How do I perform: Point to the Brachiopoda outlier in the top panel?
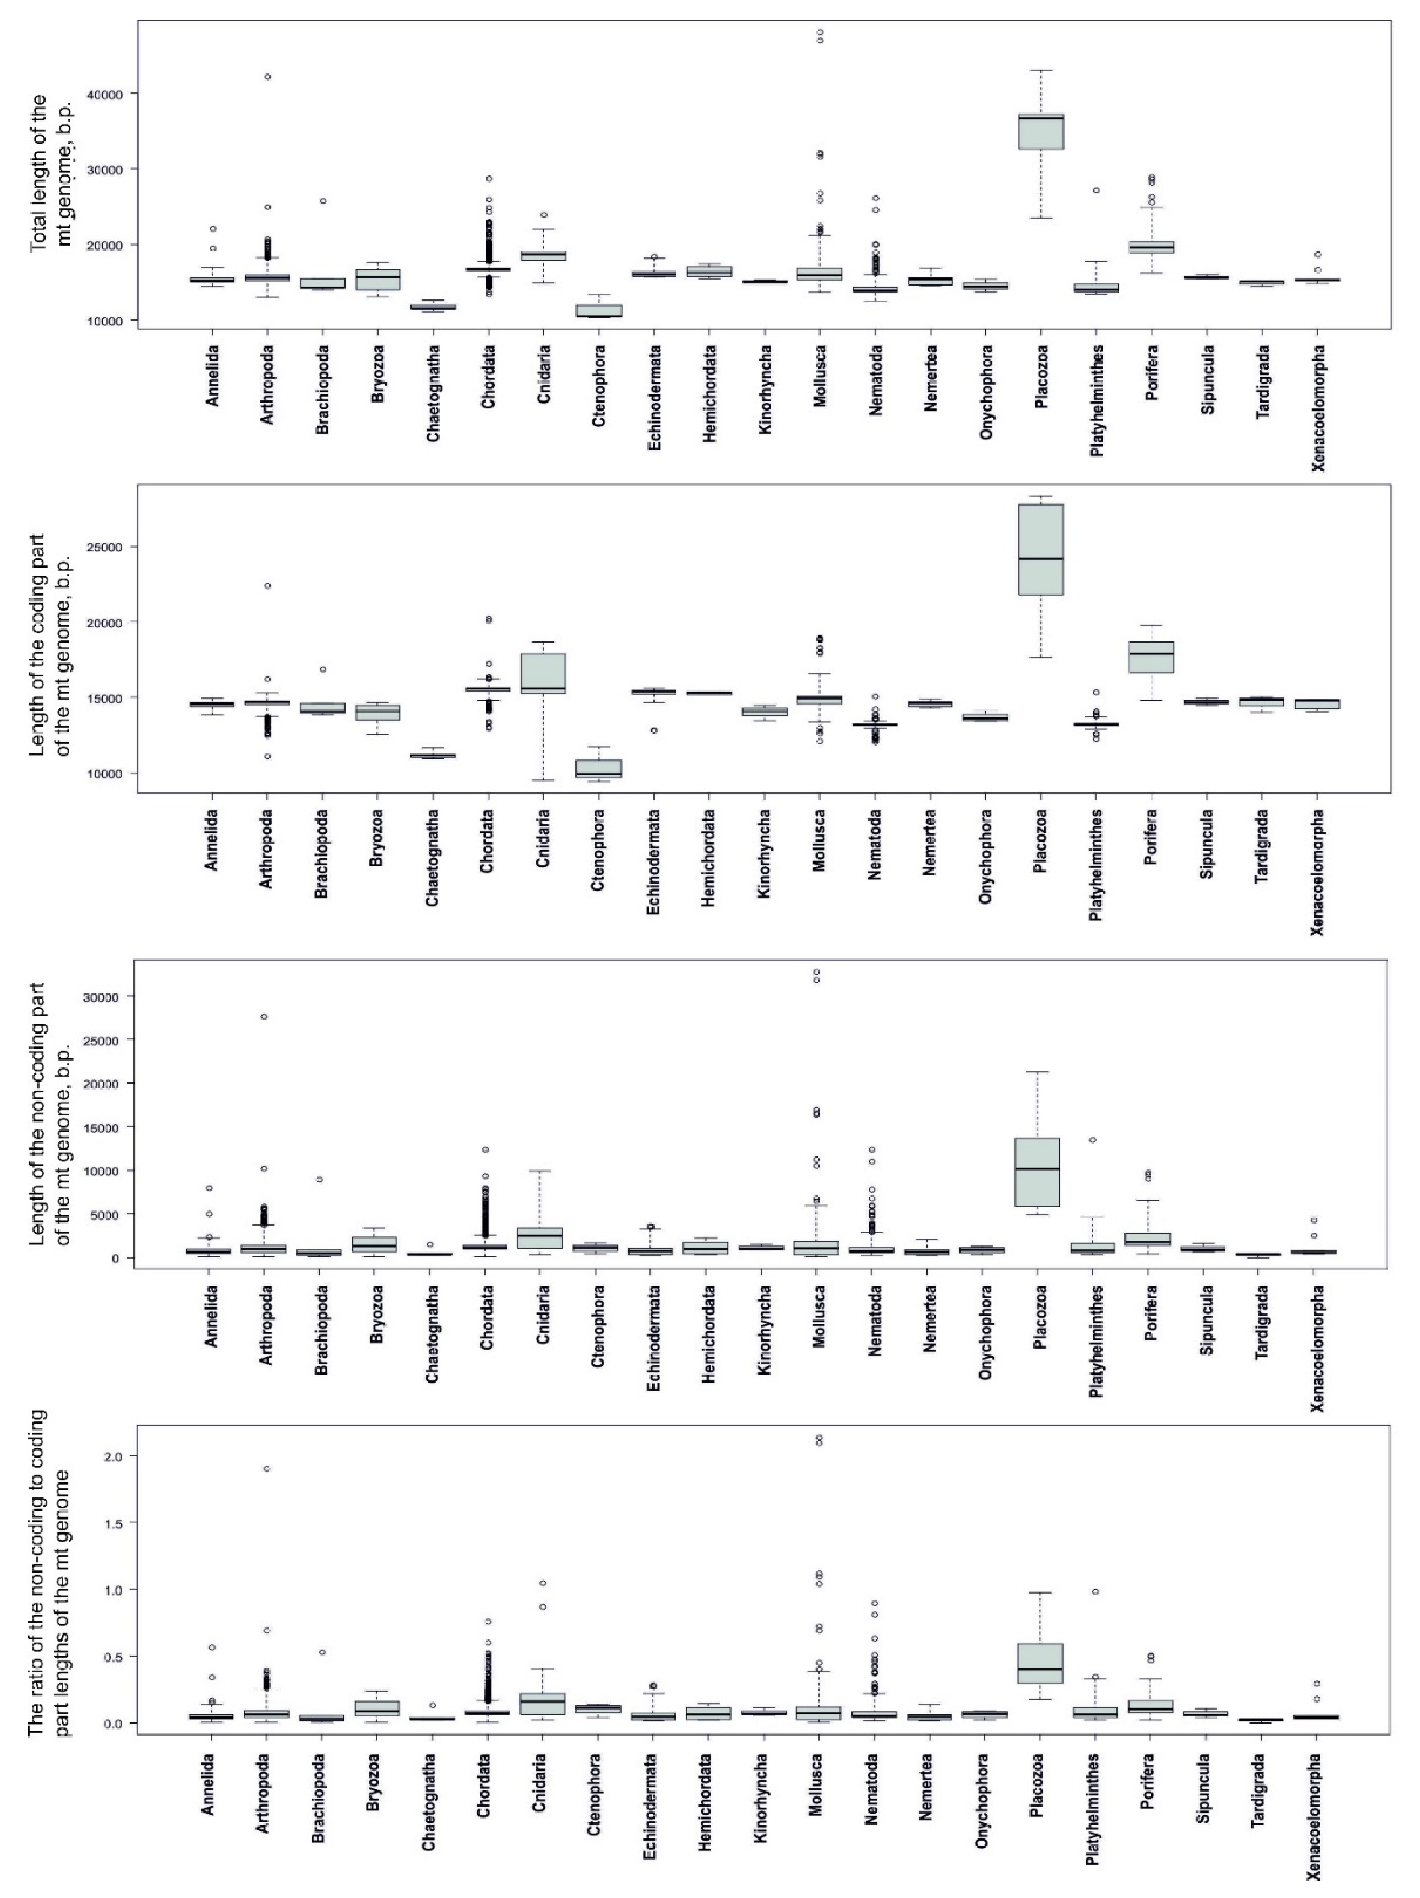click(323, 201)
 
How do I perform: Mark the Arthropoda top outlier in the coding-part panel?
click(267, 586)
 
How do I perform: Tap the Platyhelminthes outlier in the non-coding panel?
click(1093, 1140)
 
